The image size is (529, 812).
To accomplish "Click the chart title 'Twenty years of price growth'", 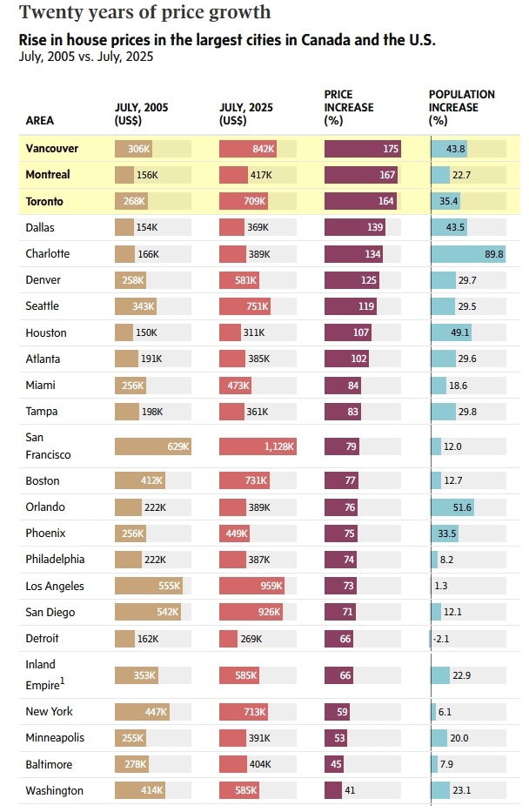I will click(144, 13).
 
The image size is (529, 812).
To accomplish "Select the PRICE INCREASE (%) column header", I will click(349, 107).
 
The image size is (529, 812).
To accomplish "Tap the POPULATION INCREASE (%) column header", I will click(461, 107).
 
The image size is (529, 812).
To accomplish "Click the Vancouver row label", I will click(52, 149).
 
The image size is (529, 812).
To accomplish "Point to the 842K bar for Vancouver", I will click(248, 149).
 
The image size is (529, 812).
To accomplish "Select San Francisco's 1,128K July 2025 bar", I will click(258, 446).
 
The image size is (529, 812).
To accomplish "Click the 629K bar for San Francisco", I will click(152, 446).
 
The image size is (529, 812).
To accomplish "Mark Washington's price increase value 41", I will click(351, 791).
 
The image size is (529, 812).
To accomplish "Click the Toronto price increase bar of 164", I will click(360, 202).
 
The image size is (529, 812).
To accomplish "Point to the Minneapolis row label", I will click(55, 738).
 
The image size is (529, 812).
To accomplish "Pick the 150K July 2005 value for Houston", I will click(146, 332).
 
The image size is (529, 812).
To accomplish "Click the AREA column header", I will click(40, 121).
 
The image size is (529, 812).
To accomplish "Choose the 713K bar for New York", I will click(244, 712).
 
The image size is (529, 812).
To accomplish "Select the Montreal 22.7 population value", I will click(461, 175).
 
